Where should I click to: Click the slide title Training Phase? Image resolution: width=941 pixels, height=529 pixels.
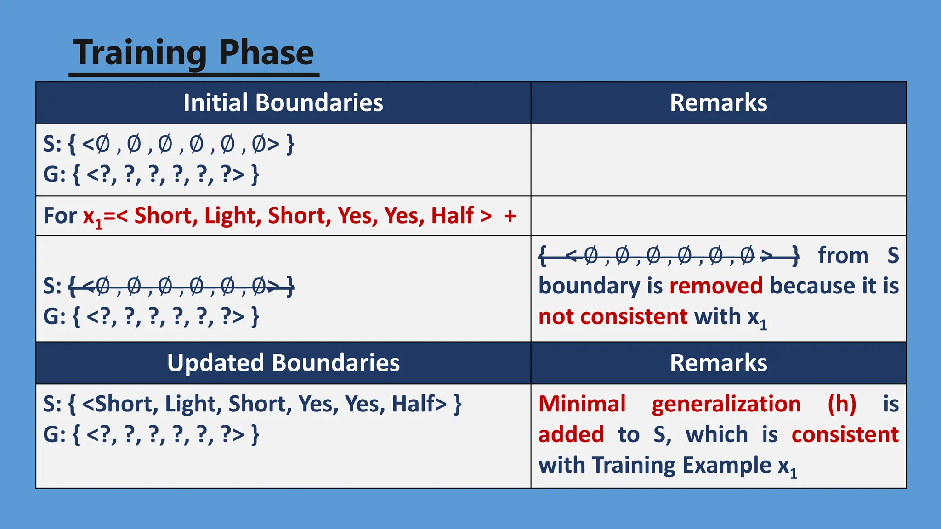click(x=193, y=53)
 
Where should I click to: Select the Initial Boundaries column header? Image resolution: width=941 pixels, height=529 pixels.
click(x=283, y=102)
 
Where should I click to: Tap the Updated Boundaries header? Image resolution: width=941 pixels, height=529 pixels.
click(x=283, y=363)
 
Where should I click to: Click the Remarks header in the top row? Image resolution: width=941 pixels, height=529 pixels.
click(x=718, y=102)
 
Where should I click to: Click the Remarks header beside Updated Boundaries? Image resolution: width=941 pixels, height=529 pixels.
click(x=718, y=363)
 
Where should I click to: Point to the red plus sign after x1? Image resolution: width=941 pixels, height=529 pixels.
click(x=510, y=215)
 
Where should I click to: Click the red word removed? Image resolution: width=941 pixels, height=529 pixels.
click(x=716, y=286)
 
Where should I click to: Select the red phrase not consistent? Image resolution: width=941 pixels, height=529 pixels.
click(x=613, y=316)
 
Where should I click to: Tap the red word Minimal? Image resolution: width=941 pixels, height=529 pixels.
click(x=582, y=404)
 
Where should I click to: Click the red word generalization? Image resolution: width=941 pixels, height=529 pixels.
click(x=726, y=404)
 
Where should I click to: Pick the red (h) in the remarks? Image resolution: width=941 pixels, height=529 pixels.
click(x=842, y=404)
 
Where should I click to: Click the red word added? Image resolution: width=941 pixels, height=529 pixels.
click(x=571, y=434)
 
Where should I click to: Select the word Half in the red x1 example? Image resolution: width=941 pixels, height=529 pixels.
click(x=452, y=215)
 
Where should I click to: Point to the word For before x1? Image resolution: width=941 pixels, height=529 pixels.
click(x=60, y=215)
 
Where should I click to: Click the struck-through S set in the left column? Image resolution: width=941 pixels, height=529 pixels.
click(x=181, y=287)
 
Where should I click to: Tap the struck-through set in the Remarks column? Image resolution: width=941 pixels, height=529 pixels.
click(x=669, y=255)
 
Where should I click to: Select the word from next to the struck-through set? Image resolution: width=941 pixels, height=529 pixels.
click(x=843, y=255)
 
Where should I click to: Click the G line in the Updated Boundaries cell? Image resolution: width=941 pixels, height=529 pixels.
click(x=151, y=434)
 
